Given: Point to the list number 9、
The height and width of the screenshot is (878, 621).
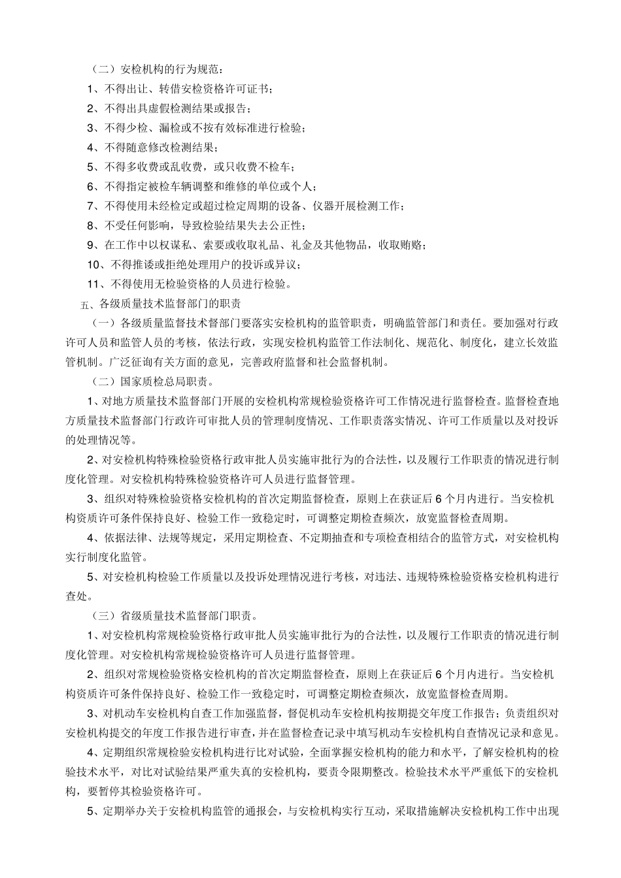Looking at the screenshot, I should tap(93, 245).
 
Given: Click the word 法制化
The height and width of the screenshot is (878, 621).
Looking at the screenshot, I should tap(404, 342).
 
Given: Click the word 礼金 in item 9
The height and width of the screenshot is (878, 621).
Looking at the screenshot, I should tap(318, 245).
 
